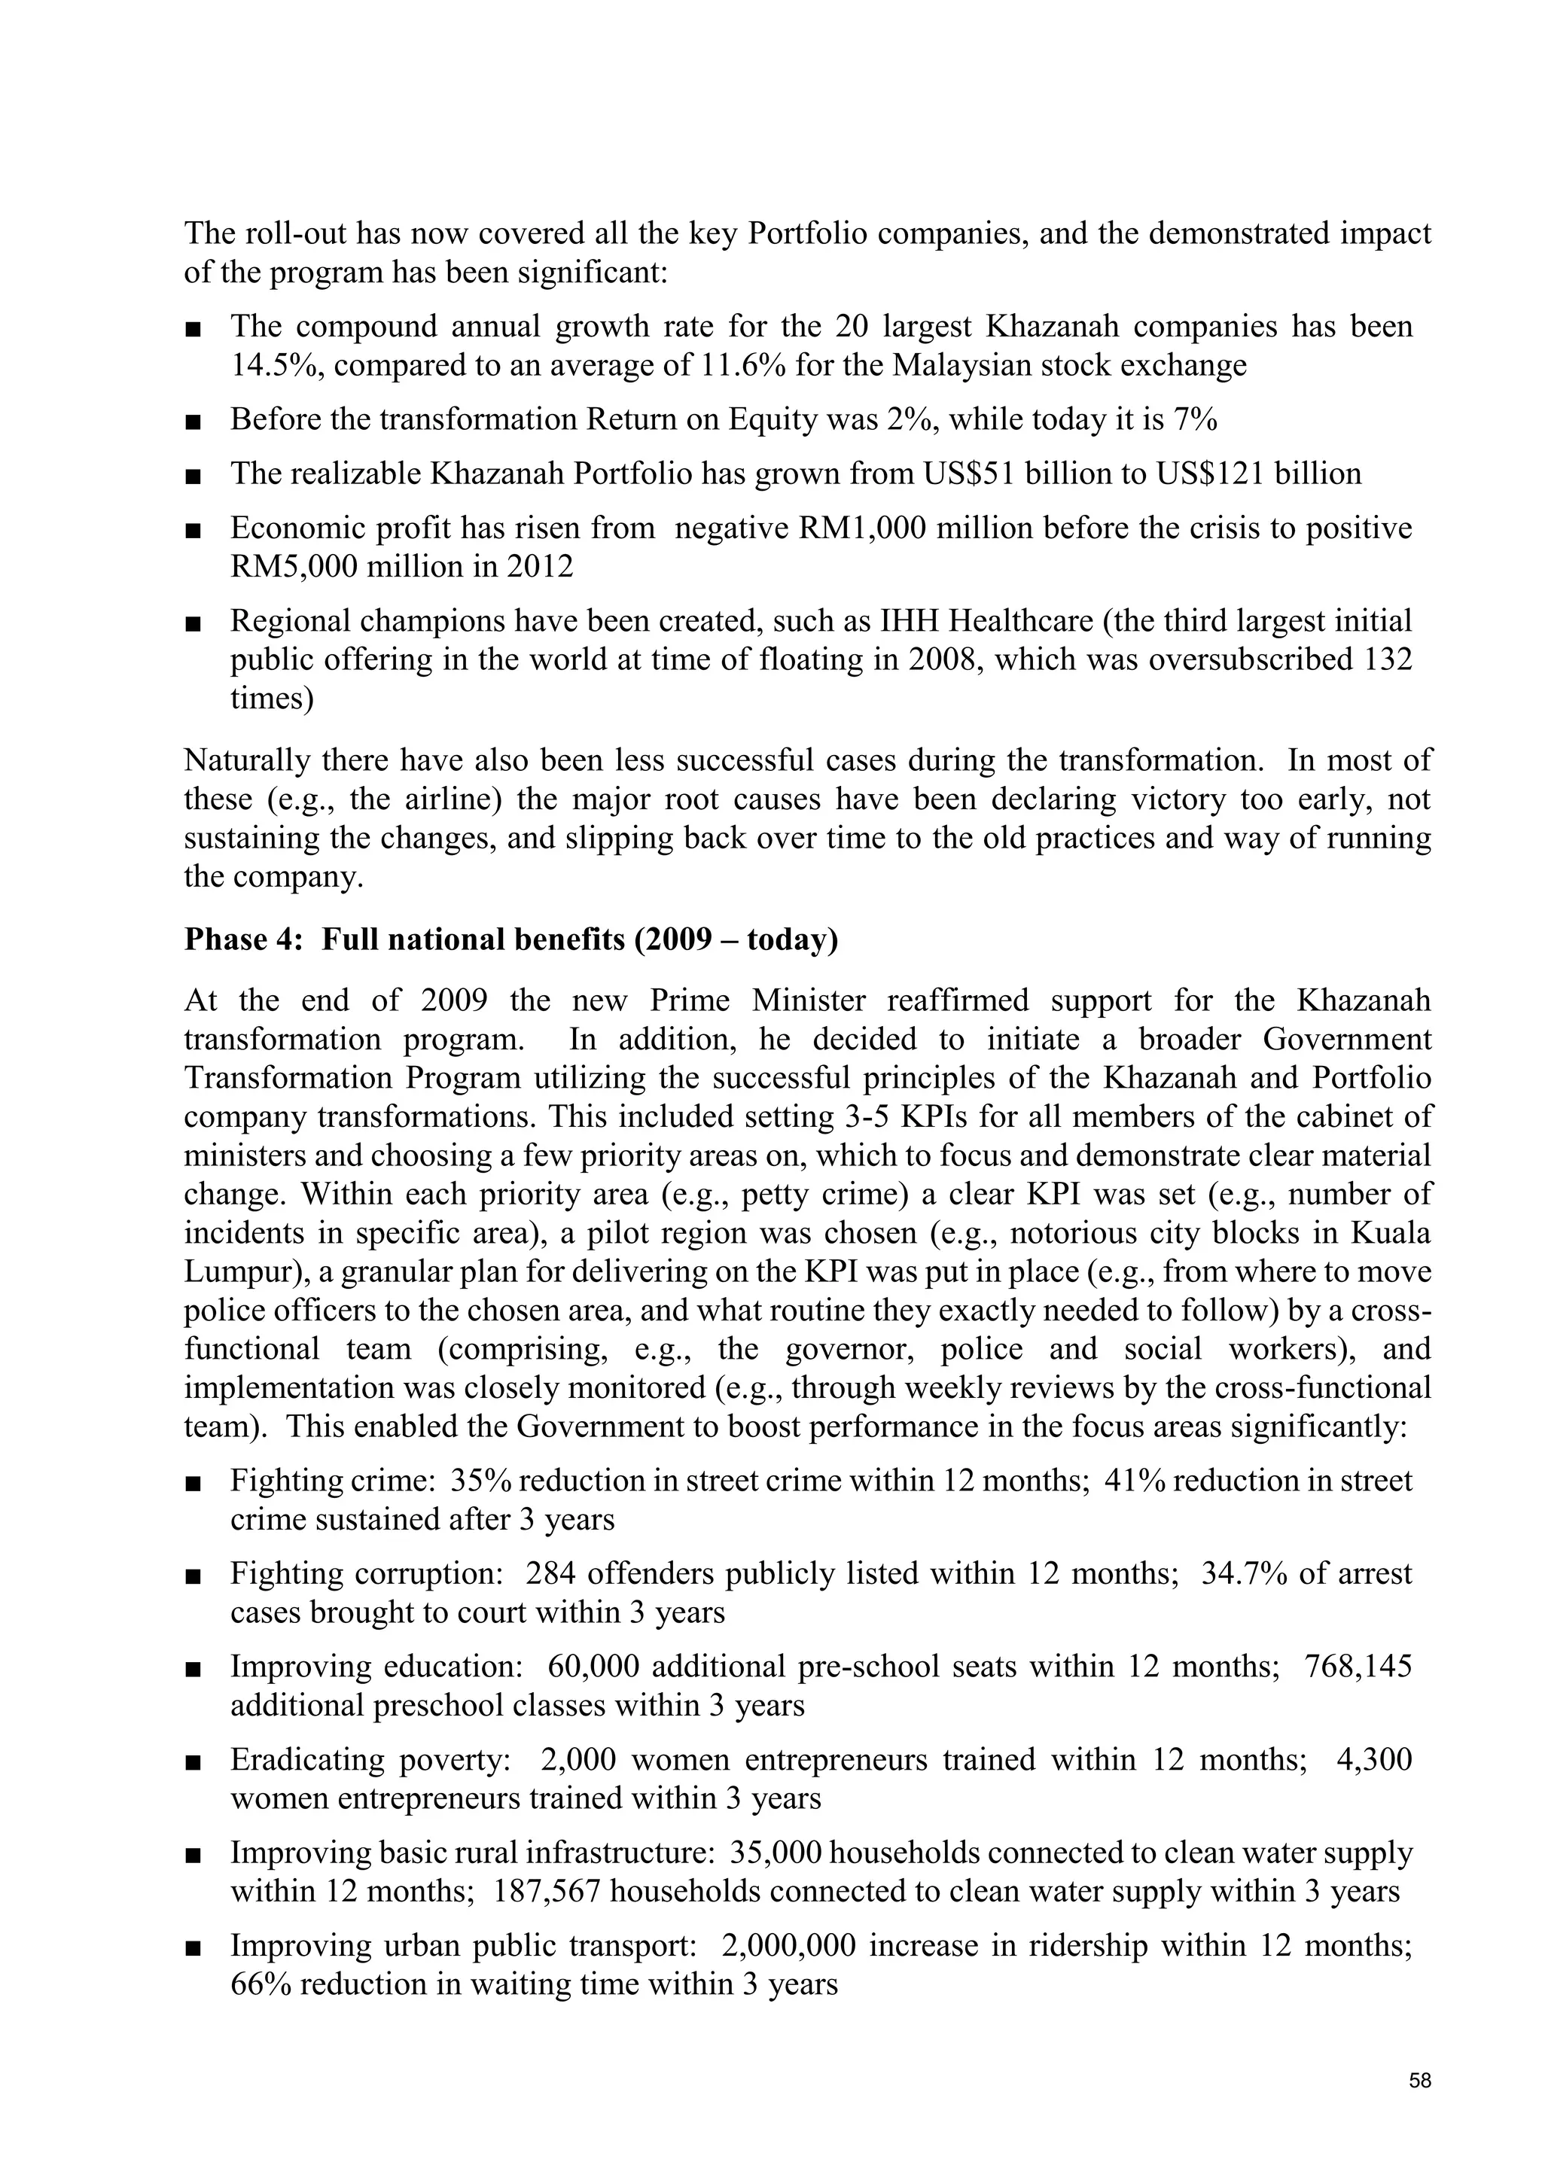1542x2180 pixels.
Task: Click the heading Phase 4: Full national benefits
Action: coord(510,939)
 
